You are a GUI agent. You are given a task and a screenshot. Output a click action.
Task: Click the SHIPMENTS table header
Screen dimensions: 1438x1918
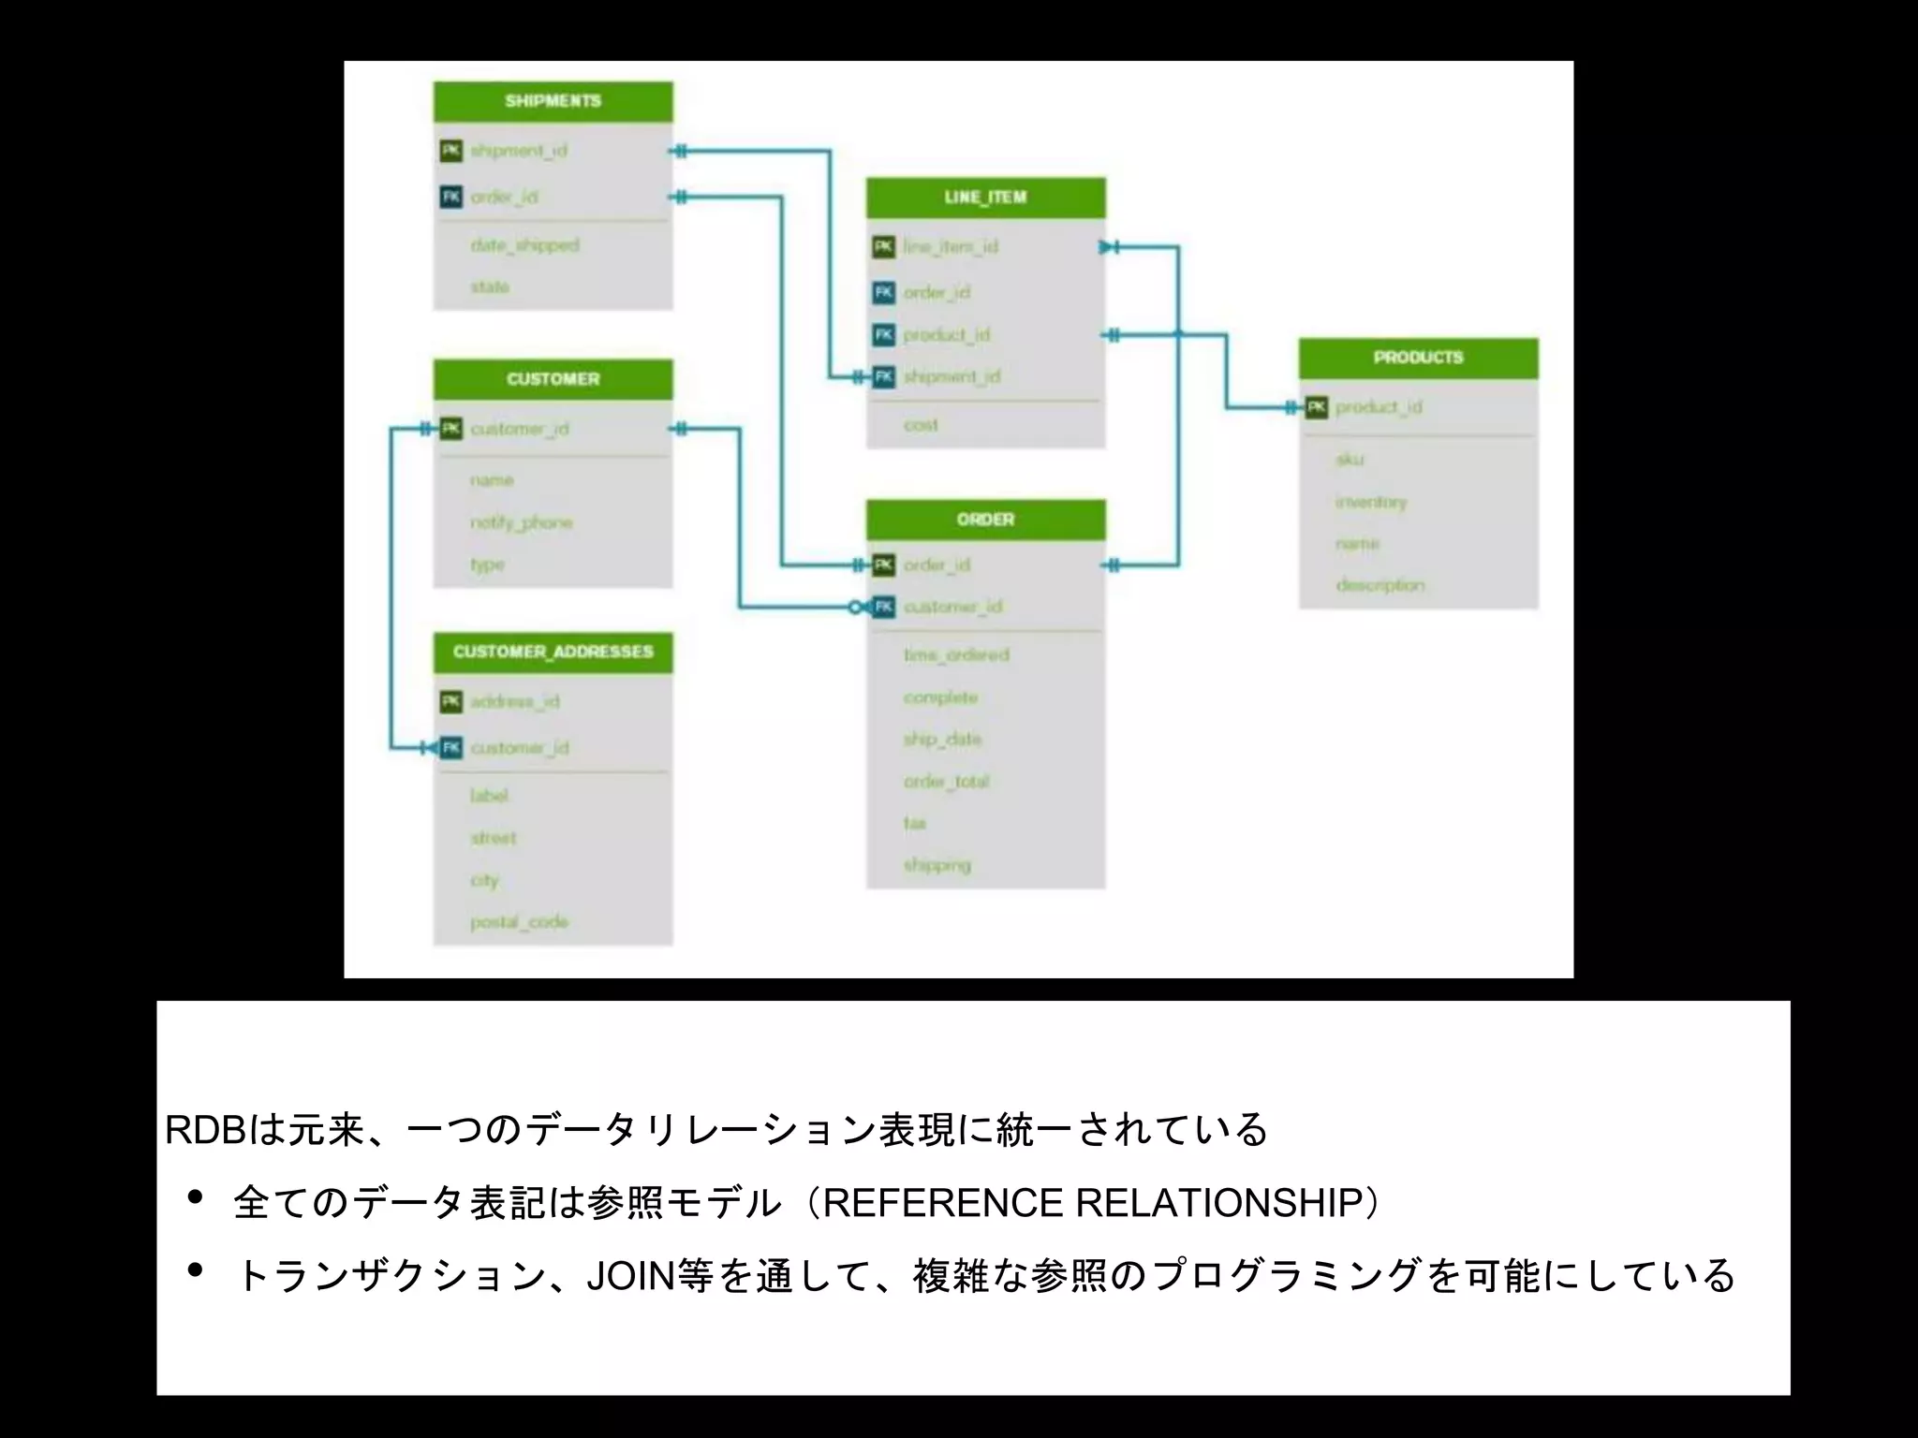coord(553,101)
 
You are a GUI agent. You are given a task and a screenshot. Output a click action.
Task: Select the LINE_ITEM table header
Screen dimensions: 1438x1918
coord(985,198)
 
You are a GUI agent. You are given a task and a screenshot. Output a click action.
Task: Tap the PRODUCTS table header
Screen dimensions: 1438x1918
coord(1418,358)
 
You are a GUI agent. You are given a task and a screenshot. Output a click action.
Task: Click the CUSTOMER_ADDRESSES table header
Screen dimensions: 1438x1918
coord(553,652)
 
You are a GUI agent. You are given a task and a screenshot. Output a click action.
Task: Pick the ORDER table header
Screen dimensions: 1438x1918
coord(985,520)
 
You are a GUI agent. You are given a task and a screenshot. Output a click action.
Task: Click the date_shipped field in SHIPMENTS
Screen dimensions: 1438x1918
coord(524,245)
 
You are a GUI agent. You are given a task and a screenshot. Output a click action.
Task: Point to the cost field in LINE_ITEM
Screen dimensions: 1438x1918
coord(921,425)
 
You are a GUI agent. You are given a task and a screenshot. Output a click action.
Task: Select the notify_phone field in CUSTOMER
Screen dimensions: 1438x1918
coord(521,522)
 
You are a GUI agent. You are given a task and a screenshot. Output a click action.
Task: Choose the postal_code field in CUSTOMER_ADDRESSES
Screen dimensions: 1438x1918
coord(519,922)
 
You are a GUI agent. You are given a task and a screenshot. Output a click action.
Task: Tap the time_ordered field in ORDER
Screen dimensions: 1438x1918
coord(956,655)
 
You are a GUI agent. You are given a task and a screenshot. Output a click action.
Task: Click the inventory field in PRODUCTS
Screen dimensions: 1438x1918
coord(1371,502)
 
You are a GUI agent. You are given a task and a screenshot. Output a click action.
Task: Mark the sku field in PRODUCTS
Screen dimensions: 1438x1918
coord(1350,459)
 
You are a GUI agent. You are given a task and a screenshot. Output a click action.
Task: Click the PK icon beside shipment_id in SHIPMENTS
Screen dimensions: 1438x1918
coord(451,151)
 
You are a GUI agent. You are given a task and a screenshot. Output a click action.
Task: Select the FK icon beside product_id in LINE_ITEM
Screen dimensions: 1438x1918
coord(884,335)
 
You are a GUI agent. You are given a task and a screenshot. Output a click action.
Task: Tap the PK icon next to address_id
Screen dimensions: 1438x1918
coord(451,701)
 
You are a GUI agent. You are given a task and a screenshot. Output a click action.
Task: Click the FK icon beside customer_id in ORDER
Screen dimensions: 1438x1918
coord(884,608)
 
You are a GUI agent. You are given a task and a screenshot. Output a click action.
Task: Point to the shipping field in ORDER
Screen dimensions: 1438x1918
coord(937,865)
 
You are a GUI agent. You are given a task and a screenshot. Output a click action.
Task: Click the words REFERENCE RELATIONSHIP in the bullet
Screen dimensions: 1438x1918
coord(1092,1203)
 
